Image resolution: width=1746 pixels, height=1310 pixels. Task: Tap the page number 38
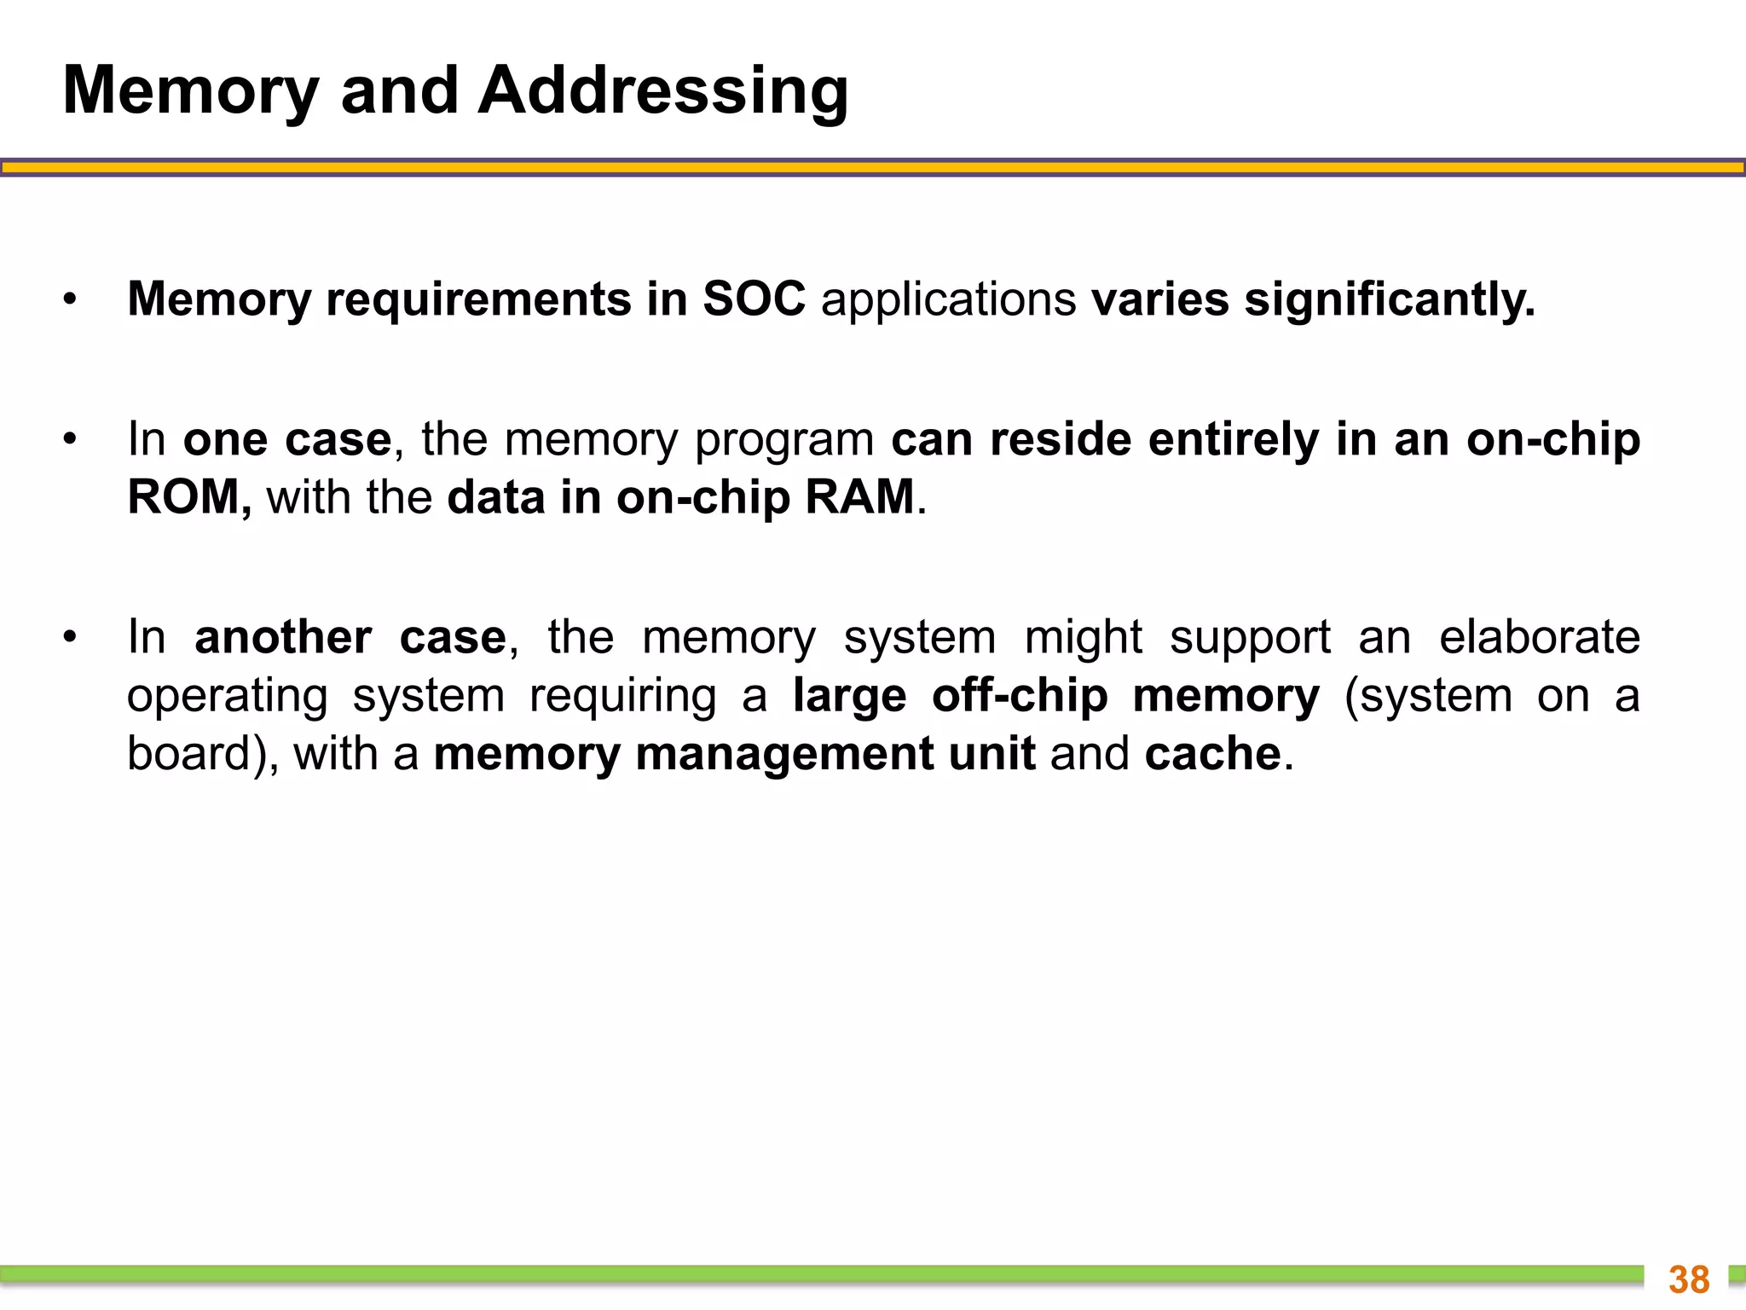tap(1689, 1279)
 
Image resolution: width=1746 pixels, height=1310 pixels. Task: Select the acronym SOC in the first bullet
tap(754, 299)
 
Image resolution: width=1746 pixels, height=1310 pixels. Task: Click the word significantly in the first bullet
tap(1390, 299)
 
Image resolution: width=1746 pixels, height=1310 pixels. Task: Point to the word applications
tap(948, 299)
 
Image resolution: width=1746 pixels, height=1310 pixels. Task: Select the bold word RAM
tap(859, 496)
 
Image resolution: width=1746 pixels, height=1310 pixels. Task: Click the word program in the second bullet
tap(784, 440)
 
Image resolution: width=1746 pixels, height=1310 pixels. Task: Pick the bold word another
tap(283, 637)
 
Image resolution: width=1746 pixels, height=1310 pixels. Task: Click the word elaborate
tap(1540, 637)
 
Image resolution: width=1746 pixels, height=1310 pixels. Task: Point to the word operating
tap(228, 696)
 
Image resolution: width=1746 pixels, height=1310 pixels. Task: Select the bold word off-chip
tap(1020, 696)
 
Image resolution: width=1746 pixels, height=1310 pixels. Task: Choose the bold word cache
tap(1212, 754)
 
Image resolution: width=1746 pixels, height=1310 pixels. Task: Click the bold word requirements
tap(478, 299)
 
